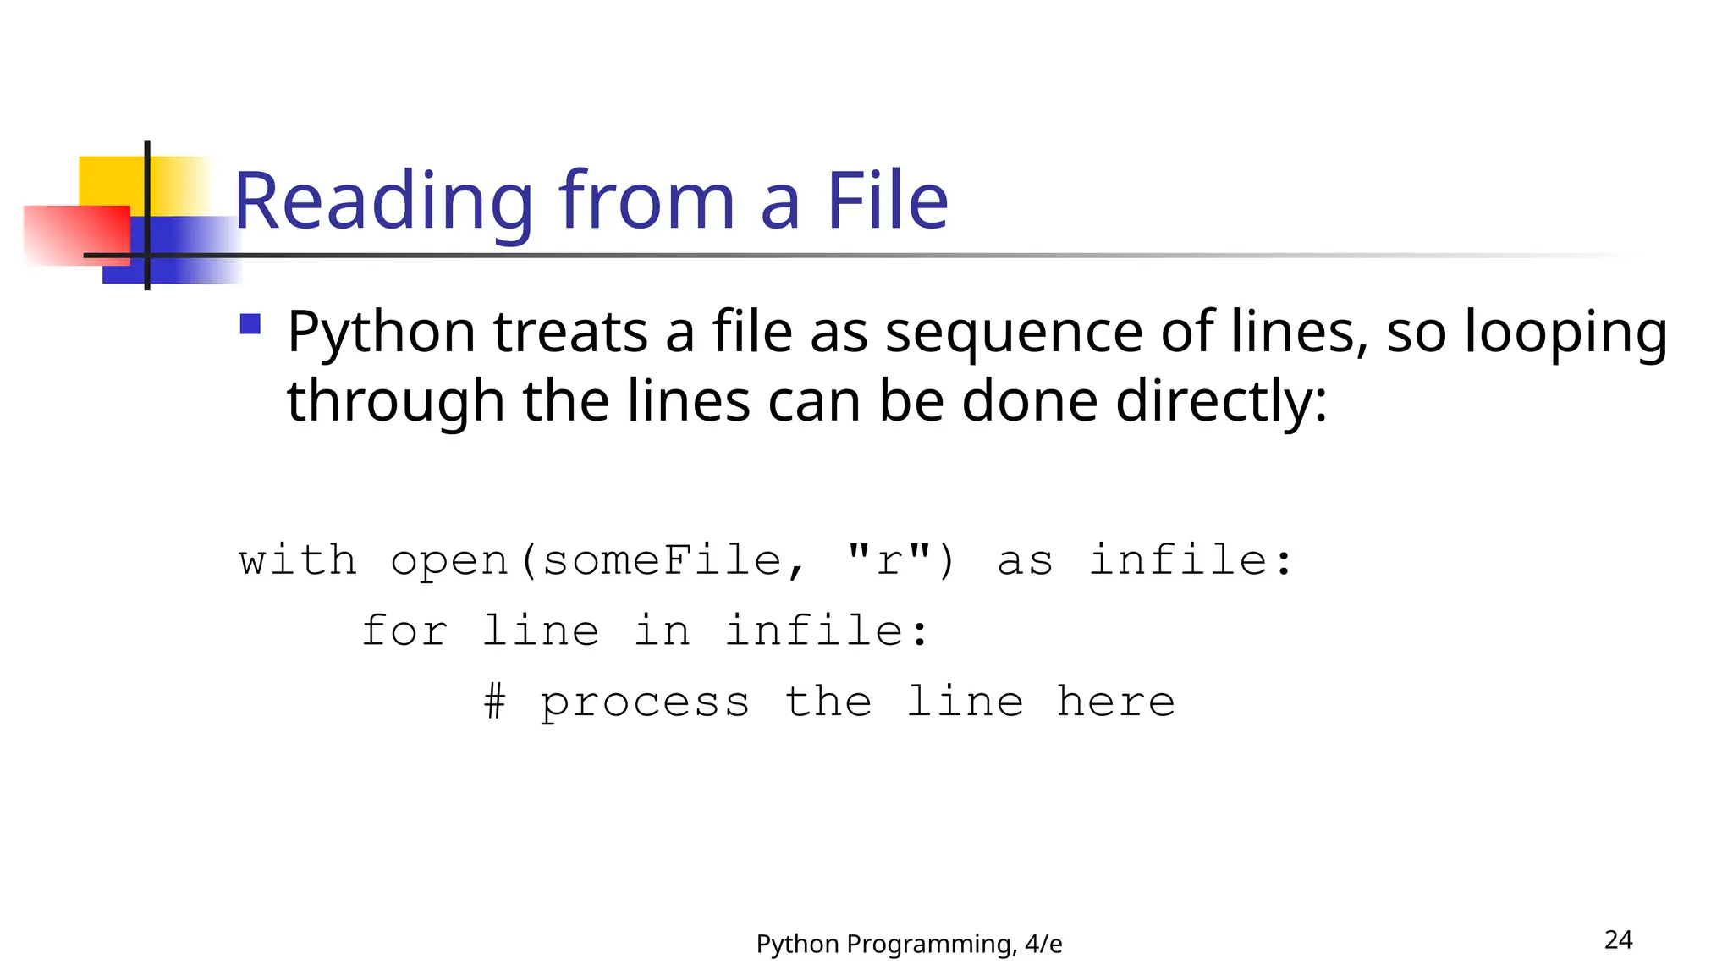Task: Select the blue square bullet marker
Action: tap(250, 324)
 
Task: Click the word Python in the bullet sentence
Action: tap(382, 332)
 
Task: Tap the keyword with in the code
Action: tap(298, 560)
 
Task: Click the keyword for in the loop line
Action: tap(404, 631)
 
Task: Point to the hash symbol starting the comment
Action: tap(495, 702)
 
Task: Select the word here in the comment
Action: tap(1115, 702)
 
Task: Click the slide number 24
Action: tap(1618, 939)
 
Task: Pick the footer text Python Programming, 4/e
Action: tap(909, 944)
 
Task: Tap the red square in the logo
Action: tap(76, 234)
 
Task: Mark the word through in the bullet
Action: tap(396, 400)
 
